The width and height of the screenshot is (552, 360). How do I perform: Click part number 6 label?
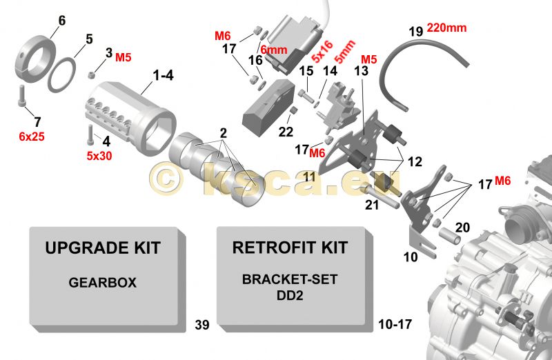tap(62, 21)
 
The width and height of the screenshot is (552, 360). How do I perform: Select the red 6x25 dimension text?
tap(32, 137)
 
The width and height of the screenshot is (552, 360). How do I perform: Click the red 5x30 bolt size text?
tap(99, 156)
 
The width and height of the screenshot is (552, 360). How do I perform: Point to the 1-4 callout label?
tap(163, 75)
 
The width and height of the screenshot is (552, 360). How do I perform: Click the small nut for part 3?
tap(91, 74)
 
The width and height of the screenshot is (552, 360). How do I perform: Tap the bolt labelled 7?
tap(21, 95)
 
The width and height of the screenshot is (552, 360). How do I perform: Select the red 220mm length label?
tap(446, 28)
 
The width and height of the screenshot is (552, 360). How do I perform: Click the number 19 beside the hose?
tap(415, 32)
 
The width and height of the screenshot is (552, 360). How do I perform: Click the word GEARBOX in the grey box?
tap(102, 283)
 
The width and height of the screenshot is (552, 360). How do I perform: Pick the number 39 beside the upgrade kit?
tap(202, 325)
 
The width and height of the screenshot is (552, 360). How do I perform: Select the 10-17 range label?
tap(395, 324)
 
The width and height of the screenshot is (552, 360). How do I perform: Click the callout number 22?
tap(286, 132)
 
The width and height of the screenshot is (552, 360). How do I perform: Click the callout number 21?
tap(372, 205)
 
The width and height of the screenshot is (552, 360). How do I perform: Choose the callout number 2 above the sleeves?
tap(223, 133)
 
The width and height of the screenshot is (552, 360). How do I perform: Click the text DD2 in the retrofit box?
tap(290, 295)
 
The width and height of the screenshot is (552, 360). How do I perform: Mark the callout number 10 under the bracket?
tap(411, 257)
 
